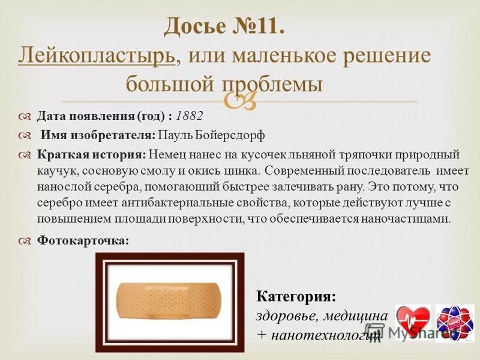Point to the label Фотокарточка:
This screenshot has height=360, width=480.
pyautogui.click(x=83, y=241)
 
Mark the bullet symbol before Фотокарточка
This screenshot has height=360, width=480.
pyautogui.click(x=25, y=241)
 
